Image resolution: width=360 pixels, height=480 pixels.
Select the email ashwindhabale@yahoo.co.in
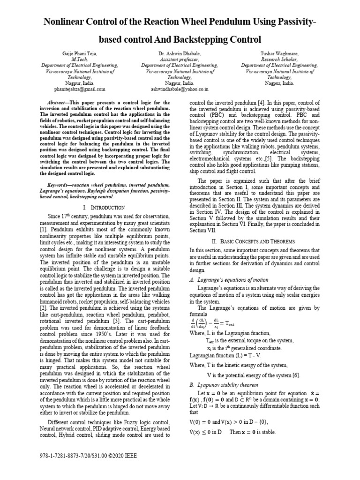tap(180, 88)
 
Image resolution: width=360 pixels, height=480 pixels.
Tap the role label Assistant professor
tap(180, 60)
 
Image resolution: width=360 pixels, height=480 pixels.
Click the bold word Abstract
tap(59, 102)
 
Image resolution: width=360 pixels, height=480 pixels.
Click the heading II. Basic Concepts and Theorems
tap(253, 241)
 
